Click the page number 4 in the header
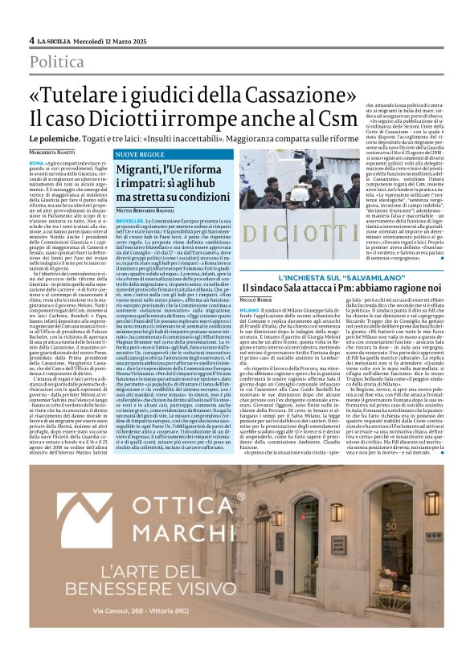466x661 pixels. coord(32,40)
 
